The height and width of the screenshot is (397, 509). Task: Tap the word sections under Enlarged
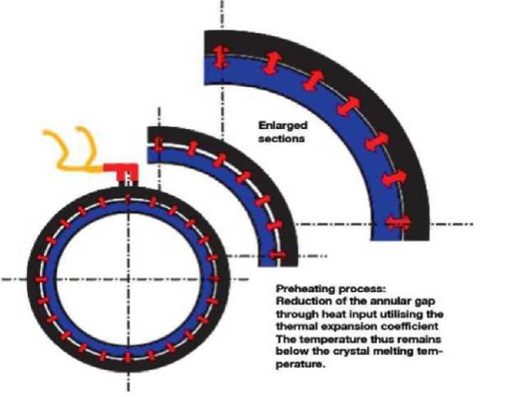tap(281, 138)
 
